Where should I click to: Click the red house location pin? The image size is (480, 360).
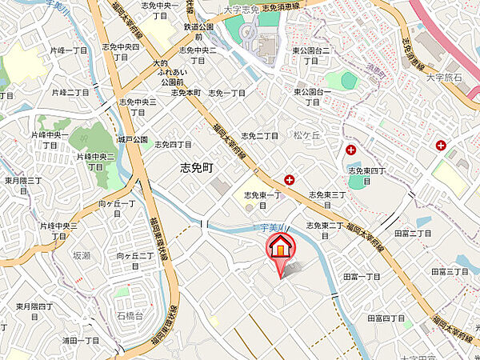click(280, 250)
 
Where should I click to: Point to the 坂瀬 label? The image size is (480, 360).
click(82, 255)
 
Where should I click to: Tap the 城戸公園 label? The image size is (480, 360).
click(133, 140)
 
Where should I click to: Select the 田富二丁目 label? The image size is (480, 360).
click(413, 233)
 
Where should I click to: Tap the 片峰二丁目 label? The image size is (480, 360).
click(71, 93)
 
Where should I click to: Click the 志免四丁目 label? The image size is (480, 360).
click(173, 145)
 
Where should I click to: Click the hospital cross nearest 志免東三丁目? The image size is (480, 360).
click(289, 180)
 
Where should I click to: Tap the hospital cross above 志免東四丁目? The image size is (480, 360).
click(350, 150)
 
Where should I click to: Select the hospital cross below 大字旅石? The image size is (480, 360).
click(441, 144)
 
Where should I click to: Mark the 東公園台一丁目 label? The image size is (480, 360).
click(312, 96)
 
